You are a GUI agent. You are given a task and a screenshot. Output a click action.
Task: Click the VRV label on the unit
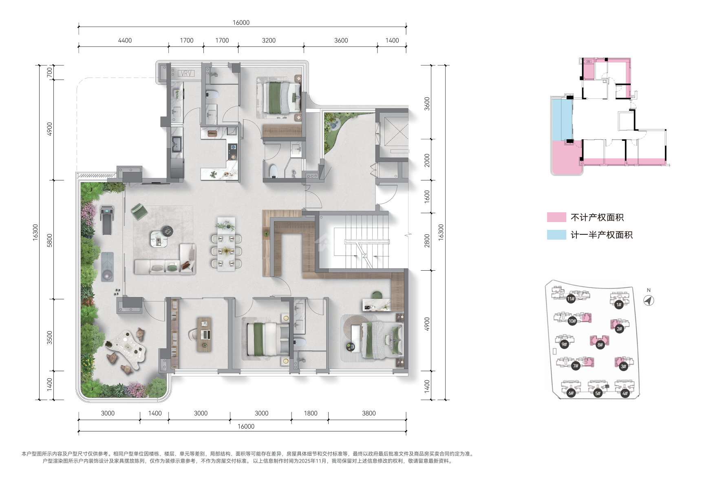[x=186, y=73]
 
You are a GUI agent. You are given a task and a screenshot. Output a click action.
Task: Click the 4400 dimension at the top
[x=125, y=40]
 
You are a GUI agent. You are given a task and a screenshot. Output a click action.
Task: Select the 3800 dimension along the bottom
[x=369, y=413]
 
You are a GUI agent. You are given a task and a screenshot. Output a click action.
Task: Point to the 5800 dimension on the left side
[x=50, y=240]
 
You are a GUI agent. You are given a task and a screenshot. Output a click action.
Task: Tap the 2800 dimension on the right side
[x=427, y=240]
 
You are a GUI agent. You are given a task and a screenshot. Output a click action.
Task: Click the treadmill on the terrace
[x=106, y=220]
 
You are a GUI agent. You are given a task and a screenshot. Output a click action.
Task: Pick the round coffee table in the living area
[x=167, y=231]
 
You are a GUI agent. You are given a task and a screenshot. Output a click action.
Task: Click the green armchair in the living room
[x=139, y=211]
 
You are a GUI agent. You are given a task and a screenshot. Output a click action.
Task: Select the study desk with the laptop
[x=204, y=334]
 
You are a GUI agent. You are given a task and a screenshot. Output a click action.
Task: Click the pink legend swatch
[x=556, y=217]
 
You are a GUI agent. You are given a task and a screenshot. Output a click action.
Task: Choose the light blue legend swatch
[x=556, y=235]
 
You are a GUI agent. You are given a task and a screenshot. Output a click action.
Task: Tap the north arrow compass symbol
[x=649, y=300]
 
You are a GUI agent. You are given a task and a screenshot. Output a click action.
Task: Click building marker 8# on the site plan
[x=600, y=345]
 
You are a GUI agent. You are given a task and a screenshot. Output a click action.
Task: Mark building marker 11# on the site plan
[x=571, y=299]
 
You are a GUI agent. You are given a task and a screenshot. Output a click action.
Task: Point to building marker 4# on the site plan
[x=625, y=394]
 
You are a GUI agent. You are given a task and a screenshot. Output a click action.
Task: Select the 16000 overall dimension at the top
[x=241, y=22]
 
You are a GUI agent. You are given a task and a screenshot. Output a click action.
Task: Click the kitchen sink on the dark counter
[x=177, y=144]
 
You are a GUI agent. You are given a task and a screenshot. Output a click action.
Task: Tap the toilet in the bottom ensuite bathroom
[x=300, y=342]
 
